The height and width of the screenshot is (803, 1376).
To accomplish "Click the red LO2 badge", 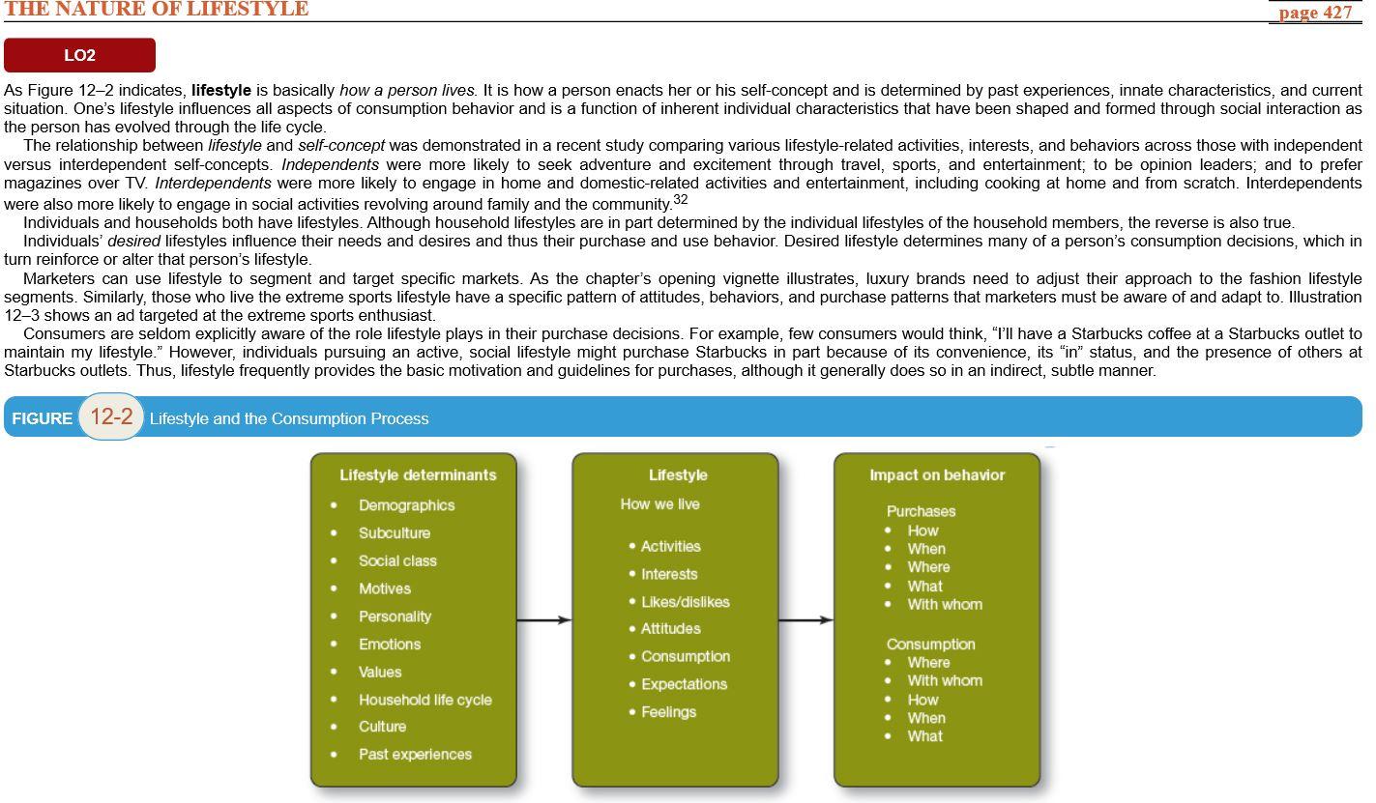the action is tap(79, 55).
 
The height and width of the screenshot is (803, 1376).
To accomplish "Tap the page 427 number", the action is tap(1314, 13).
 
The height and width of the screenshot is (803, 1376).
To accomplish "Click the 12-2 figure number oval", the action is tap(111, 416).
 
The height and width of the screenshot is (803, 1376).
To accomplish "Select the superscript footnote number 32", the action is tap(680, 199).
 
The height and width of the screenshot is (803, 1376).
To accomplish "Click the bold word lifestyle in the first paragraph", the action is tap(220, 90).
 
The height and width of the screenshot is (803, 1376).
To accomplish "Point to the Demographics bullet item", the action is tap(406, 505).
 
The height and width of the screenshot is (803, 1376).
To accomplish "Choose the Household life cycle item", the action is tap(425, 700).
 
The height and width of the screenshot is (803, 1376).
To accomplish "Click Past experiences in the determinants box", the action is tap(415, 755).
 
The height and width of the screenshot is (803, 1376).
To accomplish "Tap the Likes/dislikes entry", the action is tap(685, 602).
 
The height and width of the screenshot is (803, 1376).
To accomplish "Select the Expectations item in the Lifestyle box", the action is tap(684, 684).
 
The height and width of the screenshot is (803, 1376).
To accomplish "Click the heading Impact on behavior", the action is tap(937, 475).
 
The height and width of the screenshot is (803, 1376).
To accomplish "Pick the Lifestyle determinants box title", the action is tap(418, 475).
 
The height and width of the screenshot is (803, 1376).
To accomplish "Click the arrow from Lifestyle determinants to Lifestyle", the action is tap(544, 619).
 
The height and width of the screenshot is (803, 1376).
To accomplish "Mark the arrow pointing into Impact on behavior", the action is tap(805, 619).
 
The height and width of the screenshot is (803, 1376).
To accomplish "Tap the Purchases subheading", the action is tap(921, 511).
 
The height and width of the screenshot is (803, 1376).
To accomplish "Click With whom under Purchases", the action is tap(944, 605).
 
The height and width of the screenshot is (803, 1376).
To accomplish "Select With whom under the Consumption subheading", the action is tap(944, 681).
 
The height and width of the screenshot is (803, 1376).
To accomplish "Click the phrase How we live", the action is tap(659, 504).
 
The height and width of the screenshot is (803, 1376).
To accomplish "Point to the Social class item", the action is tap(397, 560).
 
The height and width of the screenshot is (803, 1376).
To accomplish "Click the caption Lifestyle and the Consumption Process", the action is tap(289, 418).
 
